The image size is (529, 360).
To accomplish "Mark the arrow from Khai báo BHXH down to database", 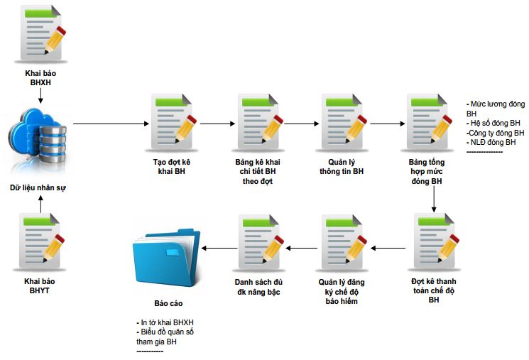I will pyautogui.click(x=40, y=95).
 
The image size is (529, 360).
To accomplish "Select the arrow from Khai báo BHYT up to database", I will pyautogui.click(x=40, y=204).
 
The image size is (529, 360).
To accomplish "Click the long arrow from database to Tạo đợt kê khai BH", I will pyautogui.click(x=109, y=124).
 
